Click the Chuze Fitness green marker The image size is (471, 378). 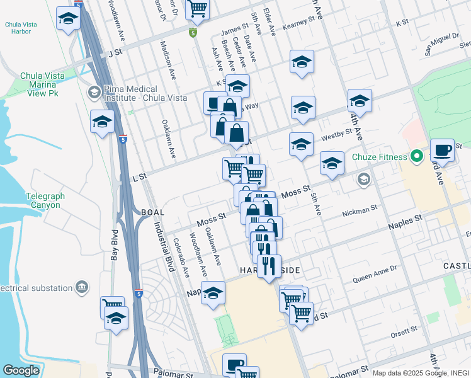416,155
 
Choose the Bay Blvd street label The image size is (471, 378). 115,243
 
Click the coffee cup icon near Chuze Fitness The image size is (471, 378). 442,151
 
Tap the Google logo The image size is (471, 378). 21,370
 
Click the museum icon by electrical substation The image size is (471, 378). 82,288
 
